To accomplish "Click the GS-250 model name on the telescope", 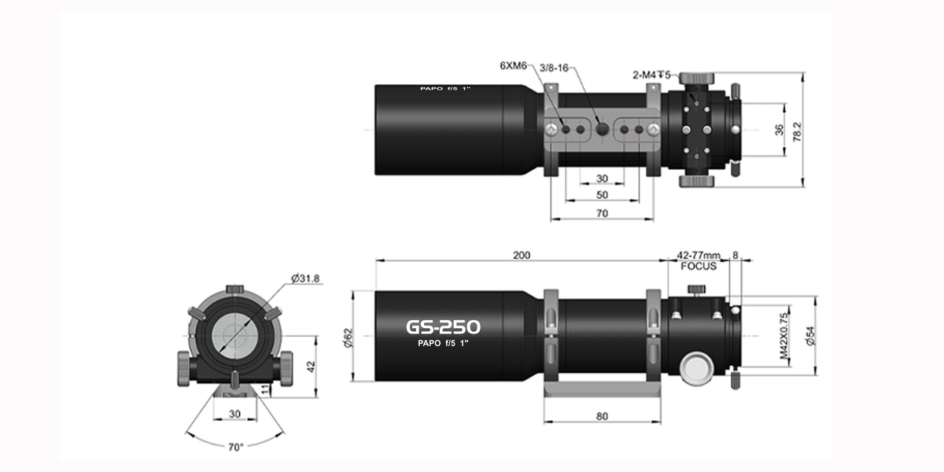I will [443, 326].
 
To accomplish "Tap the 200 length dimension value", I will [522, 255].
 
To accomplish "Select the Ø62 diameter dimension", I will [346, 336].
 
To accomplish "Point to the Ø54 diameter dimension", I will [811, 336].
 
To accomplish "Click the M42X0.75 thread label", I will [784, 337].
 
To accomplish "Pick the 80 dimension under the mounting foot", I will [602, 416].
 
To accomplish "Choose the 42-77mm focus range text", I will [699, 255].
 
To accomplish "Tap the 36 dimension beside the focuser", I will [778, 129].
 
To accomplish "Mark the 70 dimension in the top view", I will [602, 212].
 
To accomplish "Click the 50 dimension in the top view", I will [602, 195].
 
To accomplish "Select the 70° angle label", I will [235, 446].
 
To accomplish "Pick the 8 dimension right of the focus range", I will [735, 255].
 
